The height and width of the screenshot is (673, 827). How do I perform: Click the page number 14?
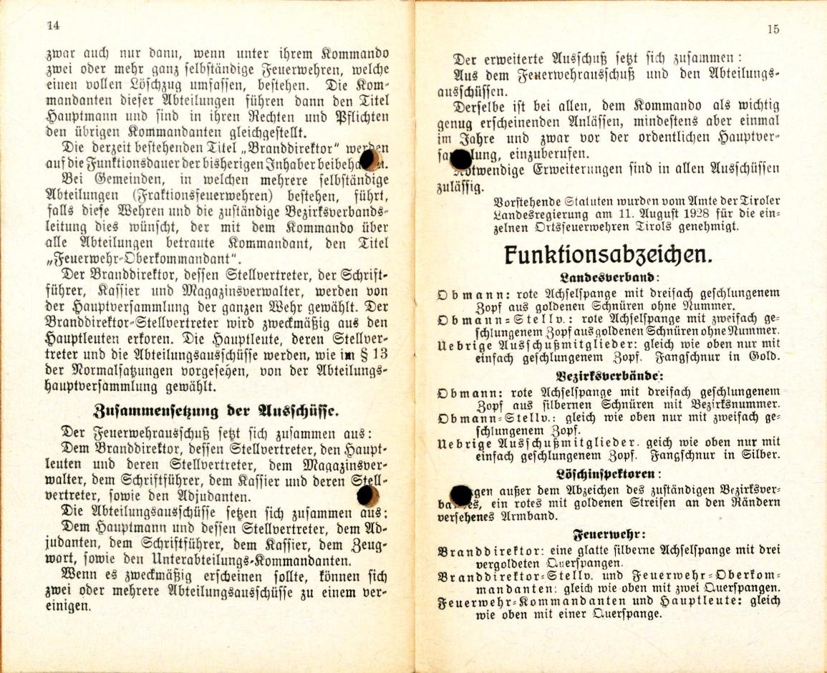tap(52, 25)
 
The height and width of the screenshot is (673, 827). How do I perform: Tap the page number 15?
tap(772, 29)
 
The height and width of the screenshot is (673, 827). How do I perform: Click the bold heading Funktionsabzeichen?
tap(607, 255)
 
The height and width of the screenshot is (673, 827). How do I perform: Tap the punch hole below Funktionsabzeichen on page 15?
tap(460, 493)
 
